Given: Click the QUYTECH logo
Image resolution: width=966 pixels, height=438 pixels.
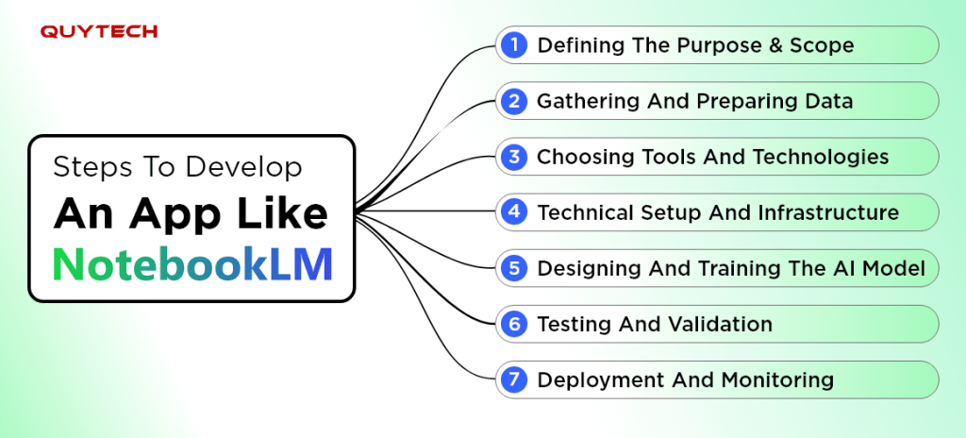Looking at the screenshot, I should (98, 32).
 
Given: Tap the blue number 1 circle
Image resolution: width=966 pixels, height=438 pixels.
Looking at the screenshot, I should (513, 44).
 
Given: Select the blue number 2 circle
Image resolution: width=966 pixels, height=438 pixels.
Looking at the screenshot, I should (513, 101).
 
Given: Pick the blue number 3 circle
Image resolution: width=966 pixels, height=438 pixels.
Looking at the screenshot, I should (513, 157).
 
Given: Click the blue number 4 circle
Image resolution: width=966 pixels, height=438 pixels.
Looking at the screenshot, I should (513, 212).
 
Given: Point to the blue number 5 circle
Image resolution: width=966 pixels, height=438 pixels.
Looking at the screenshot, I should (513, 268).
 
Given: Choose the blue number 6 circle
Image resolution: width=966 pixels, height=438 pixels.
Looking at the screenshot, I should (513, 324).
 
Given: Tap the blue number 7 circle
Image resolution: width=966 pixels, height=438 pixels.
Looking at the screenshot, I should (513, 379).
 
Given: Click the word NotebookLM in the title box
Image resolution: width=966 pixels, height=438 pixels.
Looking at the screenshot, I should (192, 264).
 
